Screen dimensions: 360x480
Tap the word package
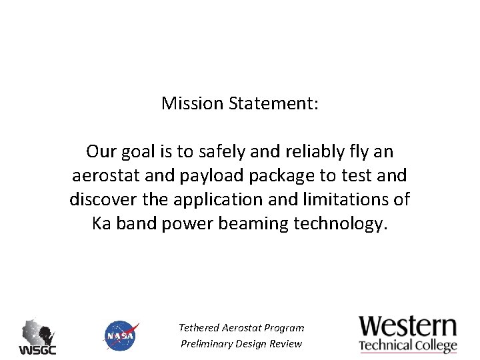click(x=291, y=176)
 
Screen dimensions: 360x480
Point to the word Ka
click(x=101, y=224)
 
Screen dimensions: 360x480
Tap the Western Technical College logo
click(x=408, y=334)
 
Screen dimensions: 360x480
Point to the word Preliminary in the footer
click(x=207, y=344)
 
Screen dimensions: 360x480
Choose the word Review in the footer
click(x=287, y=344)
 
